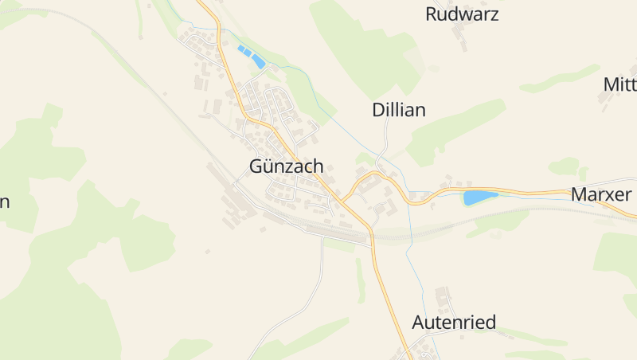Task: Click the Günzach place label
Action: pyautogui.click(x=286, y=167)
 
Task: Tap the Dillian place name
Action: pyautogui.click(x=398, y=110)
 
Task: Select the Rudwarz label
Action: pyautogui.click(x=462, y=14)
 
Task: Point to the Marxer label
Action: pyautogui.click(x=601, y=194)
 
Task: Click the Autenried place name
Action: pyautogui.click(x=454, y=323)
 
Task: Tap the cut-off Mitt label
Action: pyautogui.click(x=619, y=84)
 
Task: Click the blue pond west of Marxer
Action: pyautogui.click(x=479, y=198)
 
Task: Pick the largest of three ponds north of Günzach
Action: pyautogui.click(x=258, y=61)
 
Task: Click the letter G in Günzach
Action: pyautogui.click(x=256, y=167)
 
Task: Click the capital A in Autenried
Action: pyautogui.click(x=420, y=323)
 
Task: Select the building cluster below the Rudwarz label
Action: pyautogui.click(x=459, y=36)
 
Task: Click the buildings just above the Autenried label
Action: pyautogui.click(x=443, y=300)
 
